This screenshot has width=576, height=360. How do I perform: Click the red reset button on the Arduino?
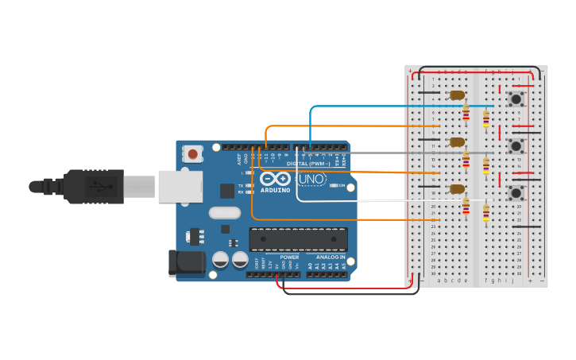(192, 153)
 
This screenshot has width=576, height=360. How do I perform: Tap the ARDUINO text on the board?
(275, 191)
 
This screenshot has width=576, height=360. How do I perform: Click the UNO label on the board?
(311, 180)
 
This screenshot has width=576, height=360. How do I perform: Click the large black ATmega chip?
(298, 239)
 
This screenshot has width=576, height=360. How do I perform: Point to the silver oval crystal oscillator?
(225, 213)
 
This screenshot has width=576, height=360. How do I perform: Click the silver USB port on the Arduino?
(180, 187)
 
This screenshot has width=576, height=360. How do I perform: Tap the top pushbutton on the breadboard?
(516, 99)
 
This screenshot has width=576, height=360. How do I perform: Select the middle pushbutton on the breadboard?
(516, 146)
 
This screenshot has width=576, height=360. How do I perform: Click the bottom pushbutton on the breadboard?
(516, 193)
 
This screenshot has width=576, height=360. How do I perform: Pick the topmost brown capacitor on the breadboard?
(457, 95)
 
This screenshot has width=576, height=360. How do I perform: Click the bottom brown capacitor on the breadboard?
(457, 189)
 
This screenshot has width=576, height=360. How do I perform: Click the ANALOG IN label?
(331, 257)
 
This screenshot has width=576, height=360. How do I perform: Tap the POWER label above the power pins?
(289, 257)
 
